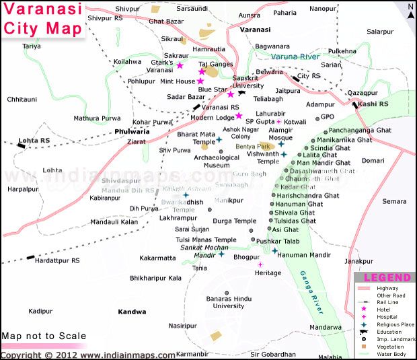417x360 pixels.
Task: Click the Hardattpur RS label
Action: pos(57,260)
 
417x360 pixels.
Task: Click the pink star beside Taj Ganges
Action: pos(201,71)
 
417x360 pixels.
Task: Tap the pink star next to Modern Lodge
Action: pos(238,116)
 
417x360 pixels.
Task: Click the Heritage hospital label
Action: pos(268,273)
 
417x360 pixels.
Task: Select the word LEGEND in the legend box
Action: pos(386,277)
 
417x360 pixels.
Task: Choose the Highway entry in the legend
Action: pos(388,288)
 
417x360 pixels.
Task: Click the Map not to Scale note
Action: pos(44,336)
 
